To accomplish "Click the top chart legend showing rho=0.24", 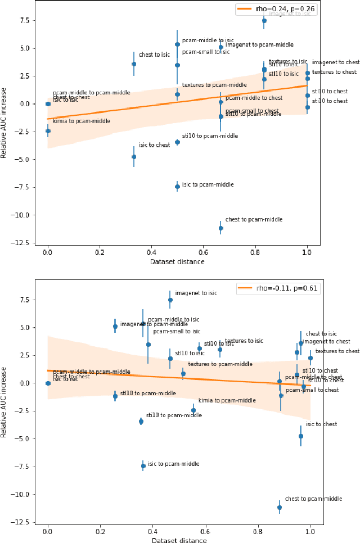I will (x=276, y=9).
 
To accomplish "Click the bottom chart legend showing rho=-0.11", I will (x=276, y=288).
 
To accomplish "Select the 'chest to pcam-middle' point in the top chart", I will (x=220, y=228).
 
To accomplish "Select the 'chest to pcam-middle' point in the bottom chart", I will (x=280, y=507).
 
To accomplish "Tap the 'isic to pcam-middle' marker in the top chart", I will (x=177, y=187).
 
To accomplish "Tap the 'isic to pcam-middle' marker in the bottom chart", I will (x=143, y=466).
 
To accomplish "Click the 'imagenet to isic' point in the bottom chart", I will (x=170, y=300).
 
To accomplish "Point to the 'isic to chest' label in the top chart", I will (x=154, y=145).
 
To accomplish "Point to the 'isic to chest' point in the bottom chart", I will (x=300, y=436).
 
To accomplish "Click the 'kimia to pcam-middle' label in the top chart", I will (x=81, y=121).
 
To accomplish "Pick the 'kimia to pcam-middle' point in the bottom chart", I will (x=193, y=410).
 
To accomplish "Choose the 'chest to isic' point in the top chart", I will (x=134, y=64).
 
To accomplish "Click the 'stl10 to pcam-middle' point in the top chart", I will (x=177, y=142).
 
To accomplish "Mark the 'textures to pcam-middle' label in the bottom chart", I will (x=220, y=364).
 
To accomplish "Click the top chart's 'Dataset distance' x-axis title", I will (x=177, y=262).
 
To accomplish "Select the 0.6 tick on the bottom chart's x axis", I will (x=206, y=530).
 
